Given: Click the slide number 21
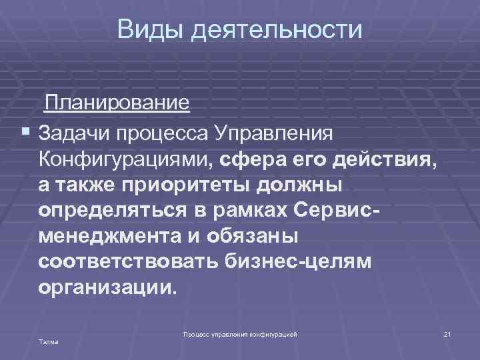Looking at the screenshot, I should pyautogui.click(x=447, y=333).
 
